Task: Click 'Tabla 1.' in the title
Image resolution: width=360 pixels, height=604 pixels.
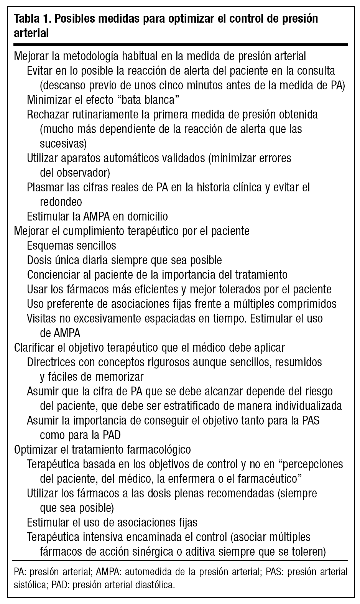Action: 30,19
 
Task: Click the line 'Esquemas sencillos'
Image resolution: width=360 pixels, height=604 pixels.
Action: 72,245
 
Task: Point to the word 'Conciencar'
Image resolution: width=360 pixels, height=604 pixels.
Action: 52,275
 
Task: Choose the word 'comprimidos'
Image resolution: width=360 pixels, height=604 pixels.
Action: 307,304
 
